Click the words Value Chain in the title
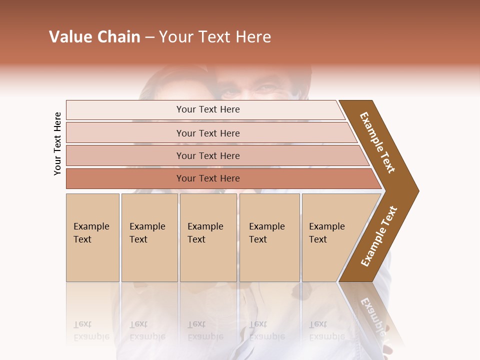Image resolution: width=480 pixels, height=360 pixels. click(94, 37)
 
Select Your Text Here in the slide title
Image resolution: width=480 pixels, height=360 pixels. click(215, 37)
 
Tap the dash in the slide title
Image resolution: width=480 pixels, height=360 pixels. click(149, 37)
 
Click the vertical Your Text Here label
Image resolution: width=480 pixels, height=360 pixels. click(57, 143)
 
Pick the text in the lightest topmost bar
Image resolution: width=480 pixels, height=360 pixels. click(208, 109)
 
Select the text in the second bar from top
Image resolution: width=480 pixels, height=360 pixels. click(208, 133)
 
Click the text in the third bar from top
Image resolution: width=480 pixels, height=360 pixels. click(208, 155)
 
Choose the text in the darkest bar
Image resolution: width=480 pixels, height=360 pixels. click(208, 178)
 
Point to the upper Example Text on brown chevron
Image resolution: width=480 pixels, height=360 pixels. click(377, 142)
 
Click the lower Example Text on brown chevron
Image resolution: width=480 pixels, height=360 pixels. click(379, 236)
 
